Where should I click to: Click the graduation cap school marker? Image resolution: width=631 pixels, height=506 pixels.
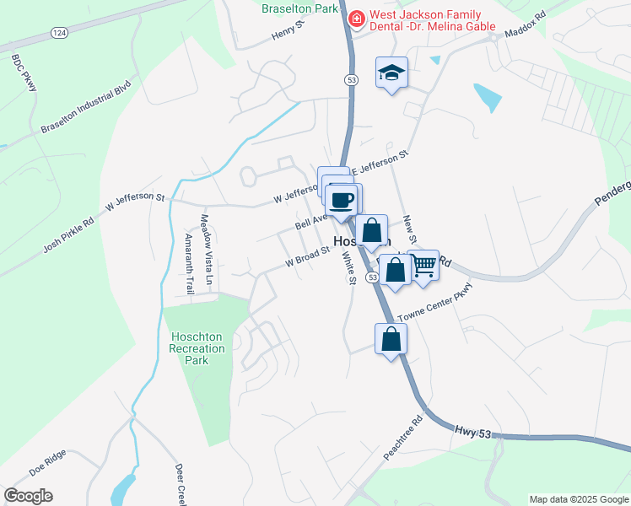point(391,73)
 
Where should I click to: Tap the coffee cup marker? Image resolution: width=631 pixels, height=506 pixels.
point(342,201)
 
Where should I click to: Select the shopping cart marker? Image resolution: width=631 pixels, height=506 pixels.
point(423,266)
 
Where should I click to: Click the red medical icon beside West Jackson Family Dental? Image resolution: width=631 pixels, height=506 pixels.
point(357,16)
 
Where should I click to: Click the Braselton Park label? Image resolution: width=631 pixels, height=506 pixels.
point(299,9)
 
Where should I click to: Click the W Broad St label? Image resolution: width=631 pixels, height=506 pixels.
point(306,255)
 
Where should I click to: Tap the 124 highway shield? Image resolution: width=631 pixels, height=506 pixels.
point(57,32)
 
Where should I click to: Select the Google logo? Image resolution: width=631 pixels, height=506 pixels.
point(28,496)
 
